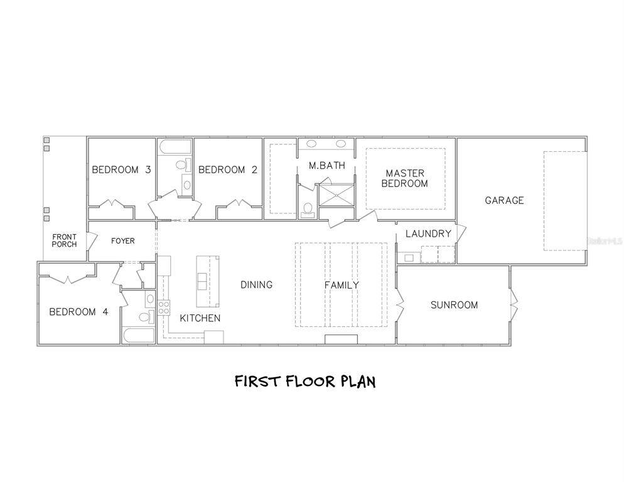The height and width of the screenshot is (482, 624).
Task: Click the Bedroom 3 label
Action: tap(121, 170)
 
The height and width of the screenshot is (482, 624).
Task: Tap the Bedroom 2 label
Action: tap(228, 170)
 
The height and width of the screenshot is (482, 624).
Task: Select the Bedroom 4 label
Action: tap(79, 312)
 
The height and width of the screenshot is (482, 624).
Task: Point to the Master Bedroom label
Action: tap(405, 178)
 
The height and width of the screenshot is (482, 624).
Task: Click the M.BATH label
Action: tap(327, 166)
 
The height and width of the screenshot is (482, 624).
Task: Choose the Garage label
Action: tap(504, 200)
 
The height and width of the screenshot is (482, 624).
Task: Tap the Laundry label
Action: tap(428, 233)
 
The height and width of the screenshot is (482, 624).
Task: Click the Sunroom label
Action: tap(454, 305)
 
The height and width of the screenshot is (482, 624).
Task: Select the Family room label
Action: tap(342, 285)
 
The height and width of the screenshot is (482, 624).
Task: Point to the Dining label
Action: tap(257, 284)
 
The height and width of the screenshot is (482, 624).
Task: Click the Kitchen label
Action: tap(200, 318)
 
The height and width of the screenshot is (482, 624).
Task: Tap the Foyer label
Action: tap(122, 241)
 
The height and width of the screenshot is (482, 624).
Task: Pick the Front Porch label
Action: tap(64, 240)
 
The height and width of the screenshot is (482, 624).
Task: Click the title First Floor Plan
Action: tap(305, 382)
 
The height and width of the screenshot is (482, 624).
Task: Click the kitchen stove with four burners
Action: tap(164, 308)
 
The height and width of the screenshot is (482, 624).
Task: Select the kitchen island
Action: tap(208, 281)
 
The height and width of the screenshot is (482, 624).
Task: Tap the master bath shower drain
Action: tap(336, 195)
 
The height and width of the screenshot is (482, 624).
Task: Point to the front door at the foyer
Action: tap(92, 240)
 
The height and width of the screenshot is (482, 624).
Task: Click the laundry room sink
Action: tap(409, 257)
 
